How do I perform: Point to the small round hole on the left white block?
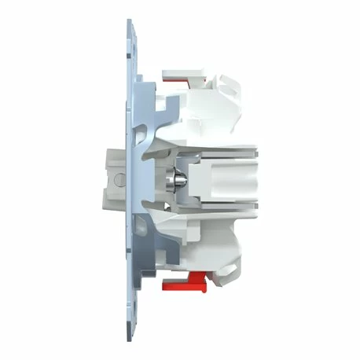[119, 178]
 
